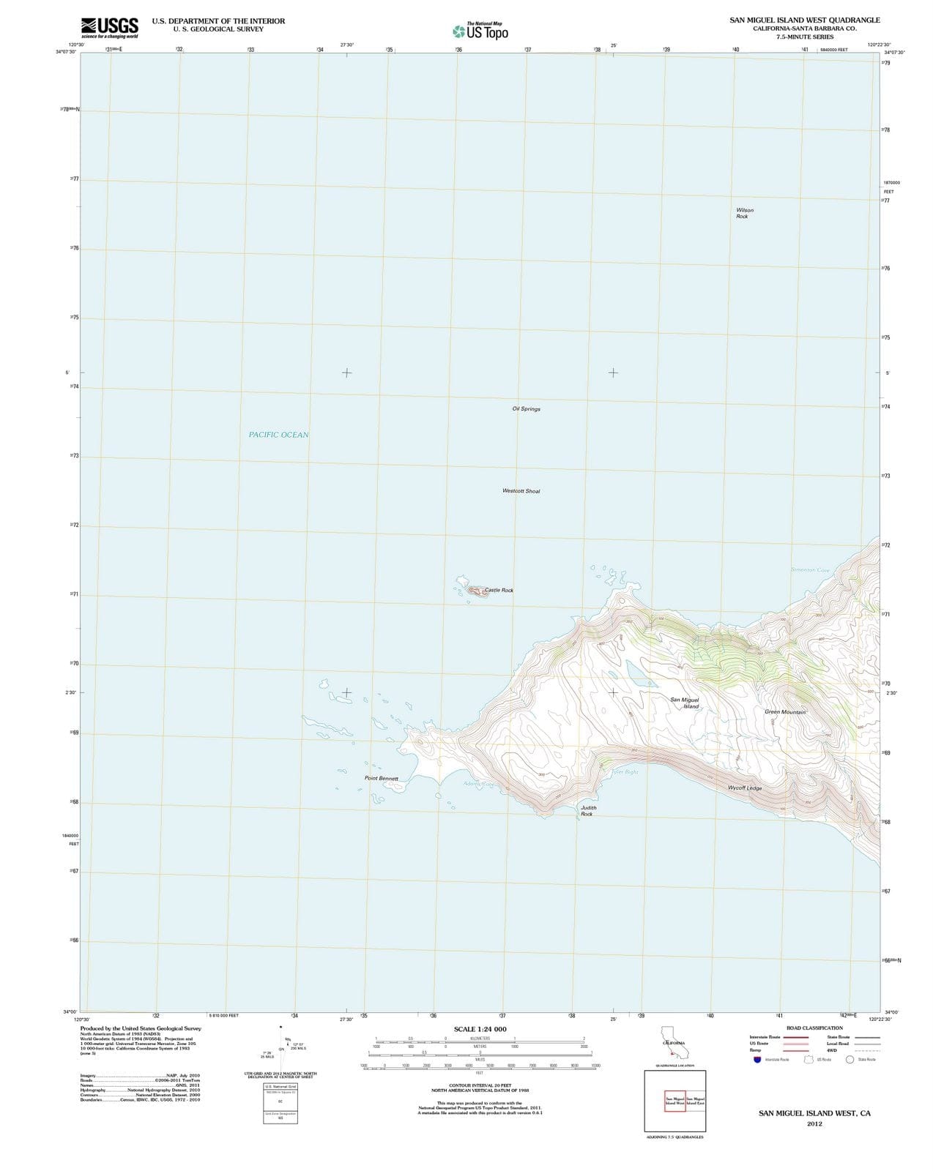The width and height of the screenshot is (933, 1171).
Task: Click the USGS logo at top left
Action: point(109,28)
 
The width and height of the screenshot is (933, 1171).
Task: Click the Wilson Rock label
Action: point(744,213)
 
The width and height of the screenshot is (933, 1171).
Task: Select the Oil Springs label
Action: point(526,409)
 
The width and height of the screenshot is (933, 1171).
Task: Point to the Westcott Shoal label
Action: point(521,491)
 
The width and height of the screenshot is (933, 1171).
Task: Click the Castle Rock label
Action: point(499,590)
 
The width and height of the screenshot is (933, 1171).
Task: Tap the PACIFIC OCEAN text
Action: point(278,435)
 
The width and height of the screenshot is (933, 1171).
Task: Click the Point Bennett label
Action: point(381,778)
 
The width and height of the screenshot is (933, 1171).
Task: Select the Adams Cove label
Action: point(479,784)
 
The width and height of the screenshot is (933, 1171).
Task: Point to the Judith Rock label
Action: point(588,811)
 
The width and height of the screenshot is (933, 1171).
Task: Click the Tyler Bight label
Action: point(625,772)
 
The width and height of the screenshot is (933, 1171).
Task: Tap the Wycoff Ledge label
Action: point(744,788)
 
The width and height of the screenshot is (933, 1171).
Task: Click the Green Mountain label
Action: point(784,712)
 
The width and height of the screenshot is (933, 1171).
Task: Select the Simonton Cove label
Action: point(810,570)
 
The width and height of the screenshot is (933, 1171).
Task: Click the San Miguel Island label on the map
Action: point(685,703)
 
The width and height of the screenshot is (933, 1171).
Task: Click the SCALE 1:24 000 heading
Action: point(480,1029)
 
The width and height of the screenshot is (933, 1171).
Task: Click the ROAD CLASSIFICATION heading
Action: point(814,1028)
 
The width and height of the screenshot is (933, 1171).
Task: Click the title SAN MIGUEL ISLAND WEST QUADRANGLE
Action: point(804,20)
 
